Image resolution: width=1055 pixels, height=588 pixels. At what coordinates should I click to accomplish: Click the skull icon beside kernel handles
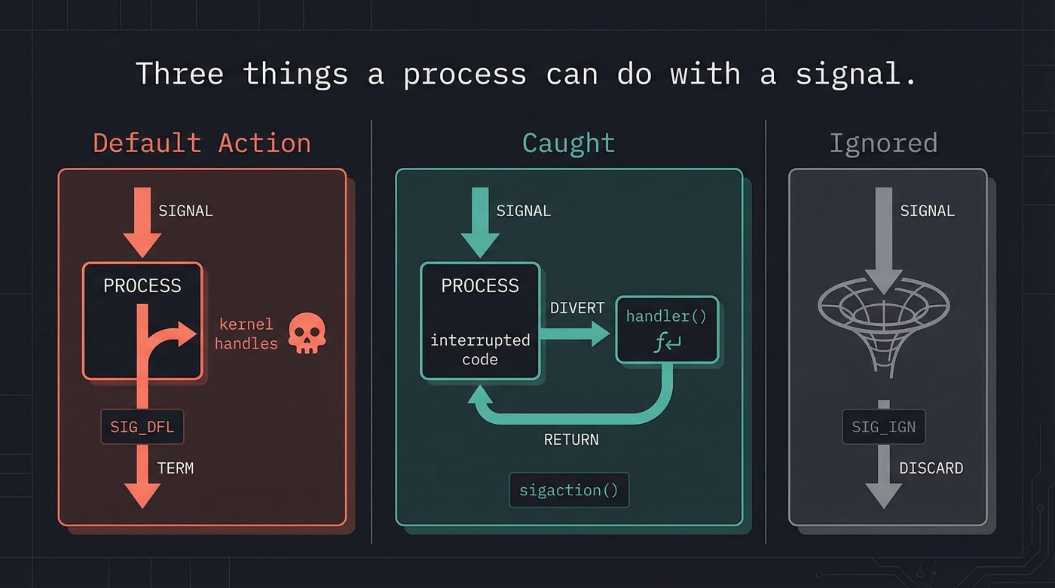(x=307, y=334)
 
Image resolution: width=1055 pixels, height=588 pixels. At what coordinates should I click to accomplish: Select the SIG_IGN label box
(x=883, y=428)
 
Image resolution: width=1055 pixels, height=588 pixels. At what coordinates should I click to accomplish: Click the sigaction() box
(x=568, y=490)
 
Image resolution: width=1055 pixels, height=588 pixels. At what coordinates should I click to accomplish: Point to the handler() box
(x=667, y=330)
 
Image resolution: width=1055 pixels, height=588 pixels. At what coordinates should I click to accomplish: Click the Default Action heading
(x=202, y=143)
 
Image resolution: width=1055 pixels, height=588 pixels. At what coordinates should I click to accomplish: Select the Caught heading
(x=568, y=143)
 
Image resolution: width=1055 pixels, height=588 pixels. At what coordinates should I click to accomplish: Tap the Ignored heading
(x=883, y=143)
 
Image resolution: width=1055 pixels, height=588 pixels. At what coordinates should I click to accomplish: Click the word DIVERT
(x=577, y=308)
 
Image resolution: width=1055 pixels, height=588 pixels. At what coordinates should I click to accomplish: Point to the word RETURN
(x=571, y=440)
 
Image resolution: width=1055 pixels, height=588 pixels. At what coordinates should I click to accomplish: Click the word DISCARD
(x=931, y=468)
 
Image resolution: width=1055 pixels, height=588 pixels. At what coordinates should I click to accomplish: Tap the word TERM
(x=176, y=468)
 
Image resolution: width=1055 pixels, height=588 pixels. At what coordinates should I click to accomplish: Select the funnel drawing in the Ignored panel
(x=883, y=320)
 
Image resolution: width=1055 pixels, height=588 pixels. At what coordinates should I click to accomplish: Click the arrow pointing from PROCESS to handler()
(x=576, y=333)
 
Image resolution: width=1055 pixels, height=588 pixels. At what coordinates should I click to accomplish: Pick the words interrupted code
(x=480, y=349)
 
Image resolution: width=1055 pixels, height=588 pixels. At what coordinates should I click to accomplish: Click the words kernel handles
(x=246, y=334)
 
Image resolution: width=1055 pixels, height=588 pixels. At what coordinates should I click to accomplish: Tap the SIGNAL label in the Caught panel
(x=524, y=212)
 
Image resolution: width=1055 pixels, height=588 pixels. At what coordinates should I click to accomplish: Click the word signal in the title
(x=856, y=75)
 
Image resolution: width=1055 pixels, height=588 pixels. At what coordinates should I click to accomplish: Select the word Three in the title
(x=179, y=75)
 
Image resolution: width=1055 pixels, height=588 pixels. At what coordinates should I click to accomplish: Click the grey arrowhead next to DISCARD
(x=883, y=494)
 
